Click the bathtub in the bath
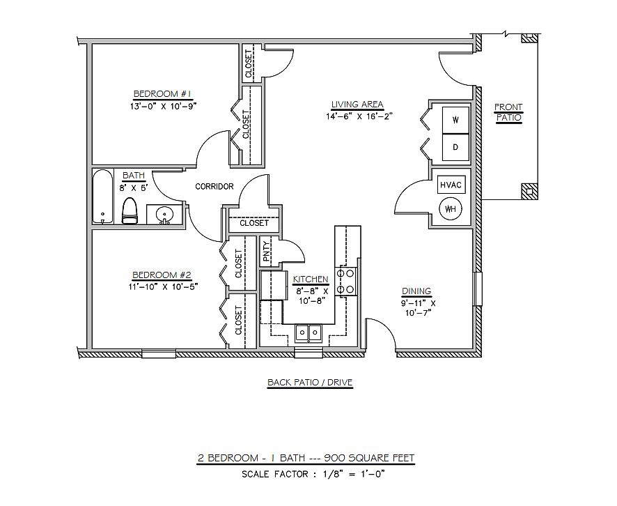click(x=103, y=197)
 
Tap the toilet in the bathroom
click(x=129, y=210)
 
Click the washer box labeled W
click(x=455, y=120)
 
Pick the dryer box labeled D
click(x=455, y=148)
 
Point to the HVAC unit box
click(x=451, y=185)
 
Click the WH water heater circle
click(x=451, y=209)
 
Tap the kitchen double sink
click(x=308, y=332)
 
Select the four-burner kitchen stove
click(x=345, y=281)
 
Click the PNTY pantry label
click(x=267, y=251)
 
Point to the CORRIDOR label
click(x=214, y=187)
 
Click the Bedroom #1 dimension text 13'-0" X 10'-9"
click(x=163, y=106)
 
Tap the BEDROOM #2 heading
click(x=162, y=275)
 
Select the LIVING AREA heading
click(x=357, y=105)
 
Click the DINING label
click(x=416, y=291)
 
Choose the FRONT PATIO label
click(x=508, y=113)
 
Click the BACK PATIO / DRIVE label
click(x=310, y=383)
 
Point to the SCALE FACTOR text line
click(x=313, y=474)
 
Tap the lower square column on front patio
click(x=529, y=192)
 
